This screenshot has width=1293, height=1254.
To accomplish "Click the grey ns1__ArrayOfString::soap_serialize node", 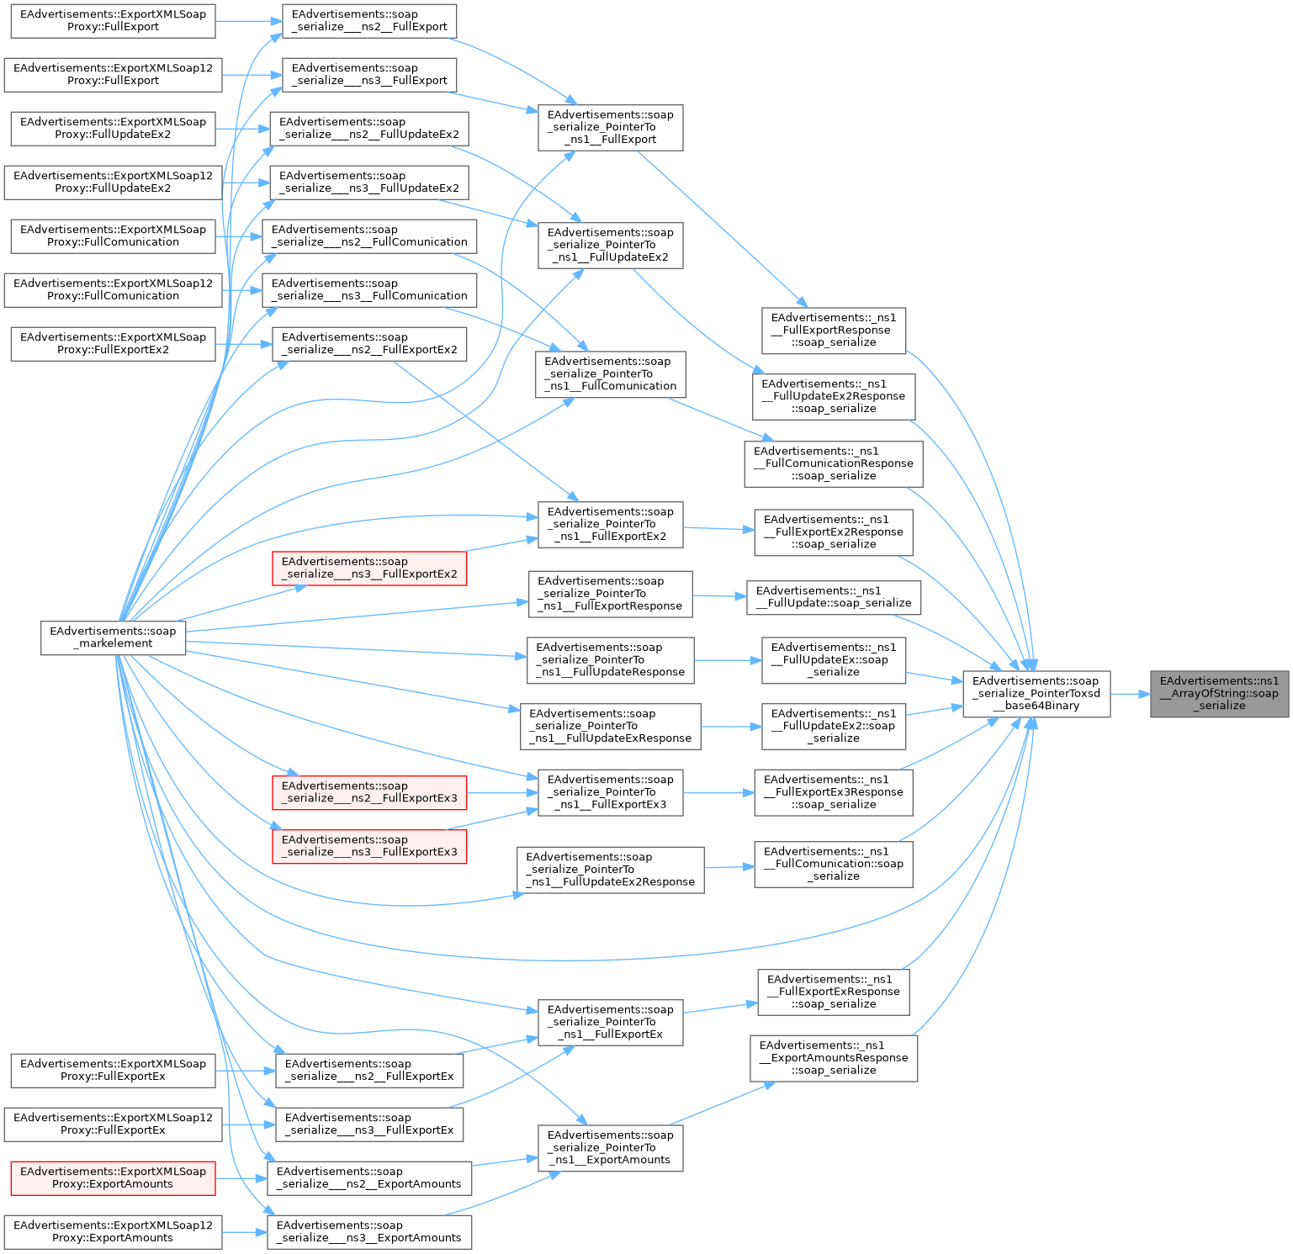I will point(1219,694).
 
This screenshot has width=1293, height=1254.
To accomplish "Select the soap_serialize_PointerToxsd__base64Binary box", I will point(1036,694).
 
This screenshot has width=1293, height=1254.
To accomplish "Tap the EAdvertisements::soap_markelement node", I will point(113,638).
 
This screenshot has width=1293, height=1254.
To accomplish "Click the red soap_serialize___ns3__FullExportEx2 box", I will point(369,569).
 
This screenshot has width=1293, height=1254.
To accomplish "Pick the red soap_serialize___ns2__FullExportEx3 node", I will point(369,792).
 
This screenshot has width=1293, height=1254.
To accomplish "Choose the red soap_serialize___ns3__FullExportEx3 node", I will point(369,846).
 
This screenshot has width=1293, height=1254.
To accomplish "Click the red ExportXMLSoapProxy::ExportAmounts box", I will point(113,1177).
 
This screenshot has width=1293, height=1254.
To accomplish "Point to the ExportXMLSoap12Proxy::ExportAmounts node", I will point(113,1231).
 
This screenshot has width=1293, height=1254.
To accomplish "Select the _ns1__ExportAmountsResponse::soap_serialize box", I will point(834,1058).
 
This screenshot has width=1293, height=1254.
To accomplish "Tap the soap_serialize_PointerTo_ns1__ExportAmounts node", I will point(610,1148).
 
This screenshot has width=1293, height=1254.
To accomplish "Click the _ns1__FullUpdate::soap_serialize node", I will point(834,597).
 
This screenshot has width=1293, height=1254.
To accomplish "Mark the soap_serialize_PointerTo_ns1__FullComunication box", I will point(610,374).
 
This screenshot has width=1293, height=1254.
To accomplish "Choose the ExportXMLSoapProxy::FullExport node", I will point(113,20).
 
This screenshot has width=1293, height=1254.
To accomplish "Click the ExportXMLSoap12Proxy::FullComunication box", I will point(113,289).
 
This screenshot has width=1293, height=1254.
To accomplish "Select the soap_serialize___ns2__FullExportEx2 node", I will point(369,343).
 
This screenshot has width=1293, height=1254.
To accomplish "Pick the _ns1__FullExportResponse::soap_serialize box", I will point(834,331).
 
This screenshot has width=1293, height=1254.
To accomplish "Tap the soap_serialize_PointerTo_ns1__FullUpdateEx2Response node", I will point(610,870).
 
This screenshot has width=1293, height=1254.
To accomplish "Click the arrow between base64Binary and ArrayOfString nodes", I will point(1130,694).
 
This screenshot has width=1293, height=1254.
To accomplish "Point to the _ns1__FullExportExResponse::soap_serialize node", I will point(834,992).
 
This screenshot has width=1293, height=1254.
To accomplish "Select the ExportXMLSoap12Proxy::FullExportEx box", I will point(113,1124).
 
